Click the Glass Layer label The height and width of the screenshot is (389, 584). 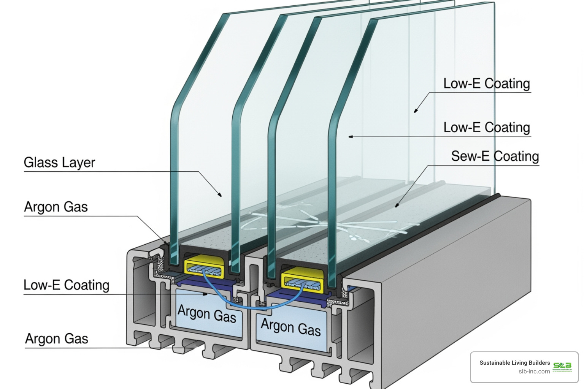pyautogui.click(x=59, y=163)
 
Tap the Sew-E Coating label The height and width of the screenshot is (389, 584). pyautogui.click(x=495, y=156)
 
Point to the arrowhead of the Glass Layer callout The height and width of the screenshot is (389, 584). pyautogui.click(x=220, y=195)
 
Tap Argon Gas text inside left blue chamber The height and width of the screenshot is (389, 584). pyautogui.click(x=207, y=314)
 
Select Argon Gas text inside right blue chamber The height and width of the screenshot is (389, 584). pyautogui.click(x=291, y=327)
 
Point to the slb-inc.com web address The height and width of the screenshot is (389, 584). pyautogui.click(x=534, y=372)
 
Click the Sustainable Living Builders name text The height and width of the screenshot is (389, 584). pyautogui.click(x=514, y=363)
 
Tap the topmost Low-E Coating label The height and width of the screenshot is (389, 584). pyautogui.click(x=486, y=84)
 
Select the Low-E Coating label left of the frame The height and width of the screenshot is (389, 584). pyautogui.click(x=67, y=285)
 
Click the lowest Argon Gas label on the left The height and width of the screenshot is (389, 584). pyautogui.click(x=57, y=338)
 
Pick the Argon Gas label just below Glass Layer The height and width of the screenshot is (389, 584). pyautogui.click(x=56, y=207)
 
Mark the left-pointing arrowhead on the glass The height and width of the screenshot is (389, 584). pyautogui.click(x=351, y=136)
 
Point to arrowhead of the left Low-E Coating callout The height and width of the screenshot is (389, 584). pyautogui.click(x=206, y=294)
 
